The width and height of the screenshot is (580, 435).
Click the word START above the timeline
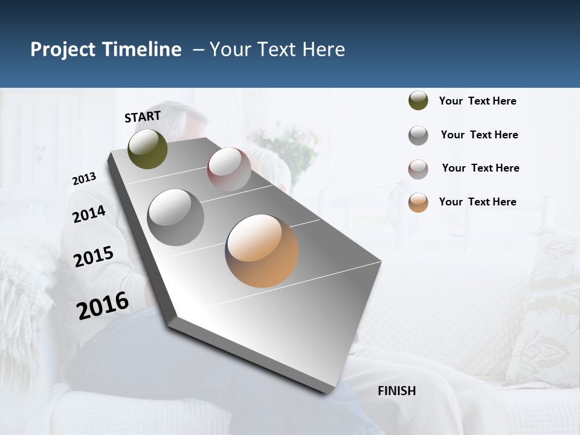[x=143, y=117]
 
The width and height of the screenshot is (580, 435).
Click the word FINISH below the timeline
[x=396, y=391]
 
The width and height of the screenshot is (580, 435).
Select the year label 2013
[x=84, y=179]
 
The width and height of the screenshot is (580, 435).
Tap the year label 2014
[x=89, y=214]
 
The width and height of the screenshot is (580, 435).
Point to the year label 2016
[x=103, y=305]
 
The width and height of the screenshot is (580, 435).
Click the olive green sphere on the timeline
[x=148, y=149]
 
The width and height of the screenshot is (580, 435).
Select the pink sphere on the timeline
[x=229, y=169]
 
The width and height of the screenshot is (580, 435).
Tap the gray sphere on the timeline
[x=176, y=217]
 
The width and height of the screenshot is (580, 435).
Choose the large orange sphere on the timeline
[x=262, y=251]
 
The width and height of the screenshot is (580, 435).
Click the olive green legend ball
[x=418, y=101]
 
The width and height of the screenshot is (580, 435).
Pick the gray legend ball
[x=418, y=135]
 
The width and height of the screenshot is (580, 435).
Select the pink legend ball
[x=418, y=169]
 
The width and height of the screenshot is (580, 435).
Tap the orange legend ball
[x=418, y=202]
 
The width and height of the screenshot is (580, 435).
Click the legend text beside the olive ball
[x=477, y=101]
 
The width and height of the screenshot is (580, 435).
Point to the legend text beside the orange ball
[x=477, y=202]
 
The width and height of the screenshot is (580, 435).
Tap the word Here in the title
[x=323, y=50]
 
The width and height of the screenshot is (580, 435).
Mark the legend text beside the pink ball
[x=480, y=168]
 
